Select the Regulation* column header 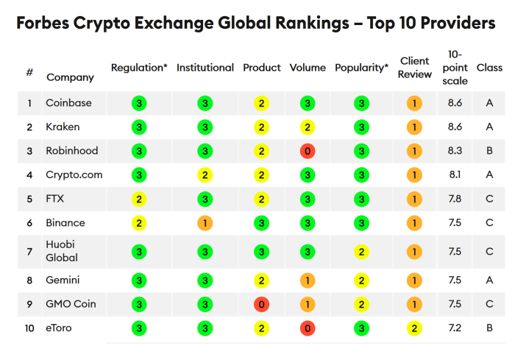[x=139, y=68]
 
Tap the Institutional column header [x=205, y=68]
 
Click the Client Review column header [x=415, y=68]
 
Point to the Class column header [x=489, y=68]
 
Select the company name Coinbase [x=68, y=103]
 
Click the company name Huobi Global [x=62, y=251]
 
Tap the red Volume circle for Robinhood [x=308, y=151]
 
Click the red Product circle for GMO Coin [x=261, y=304]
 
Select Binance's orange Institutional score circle [x=205, y=223]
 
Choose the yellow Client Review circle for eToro [x=415, y=328]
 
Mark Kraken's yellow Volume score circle [x=308, y=127]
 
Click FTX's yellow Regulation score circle [x=139, y=199]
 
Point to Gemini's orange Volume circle [x=308, y=280]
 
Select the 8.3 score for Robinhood [x=455, y=151]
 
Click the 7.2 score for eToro [x=455, y=328]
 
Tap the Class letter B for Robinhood [x=489, y=151]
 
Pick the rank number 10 [x=29, y=328]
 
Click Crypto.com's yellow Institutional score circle [x=205, y=175]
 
